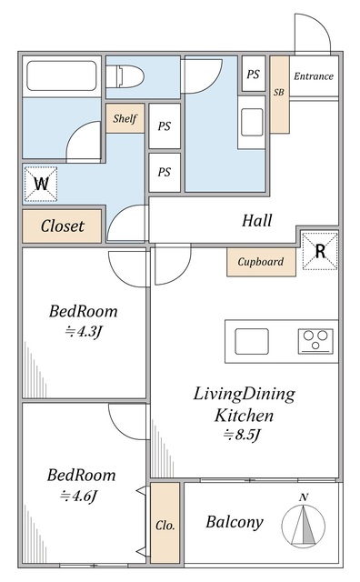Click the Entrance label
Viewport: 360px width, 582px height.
click(x=314, y=76)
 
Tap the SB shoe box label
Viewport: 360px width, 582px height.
click(x=279, y=92)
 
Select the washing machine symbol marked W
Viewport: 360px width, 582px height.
click(x=41, y=184)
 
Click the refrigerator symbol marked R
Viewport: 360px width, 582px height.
click(x=320, y=251)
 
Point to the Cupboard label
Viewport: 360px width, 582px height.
click(x=261, y=262)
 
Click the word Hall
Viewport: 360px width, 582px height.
click(x=257, y=220)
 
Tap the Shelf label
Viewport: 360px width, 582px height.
click(x=125, y=118)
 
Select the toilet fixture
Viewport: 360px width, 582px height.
click(x=125, y=76)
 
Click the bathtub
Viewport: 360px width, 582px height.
click(x=62, y=75)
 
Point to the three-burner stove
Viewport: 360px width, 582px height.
click(x=315, y=341)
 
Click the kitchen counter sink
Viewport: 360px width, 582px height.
click(x=252, y=341)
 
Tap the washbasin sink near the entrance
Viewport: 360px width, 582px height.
click(x=252, y=122)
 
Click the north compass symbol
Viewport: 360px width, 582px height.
click(x=304, y=524)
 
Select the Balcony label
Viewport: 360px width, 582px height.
click(x=235, y=522)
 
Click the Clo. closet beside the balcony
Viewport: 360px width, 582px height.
click(x=165, y=523)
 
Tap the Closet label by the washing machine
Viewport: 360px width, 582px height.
click(x=63, y=226)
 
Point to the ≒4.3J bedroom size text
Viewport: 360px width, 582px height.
click(x=83, y=331)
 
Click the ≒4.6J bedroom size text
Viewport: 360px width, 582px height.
click(x=79, y=495)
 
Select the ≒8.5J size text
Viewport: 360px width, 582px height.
click(x=241, y=434)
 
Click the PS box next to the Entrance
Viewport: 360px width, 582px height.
click(x=254, y=74)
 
